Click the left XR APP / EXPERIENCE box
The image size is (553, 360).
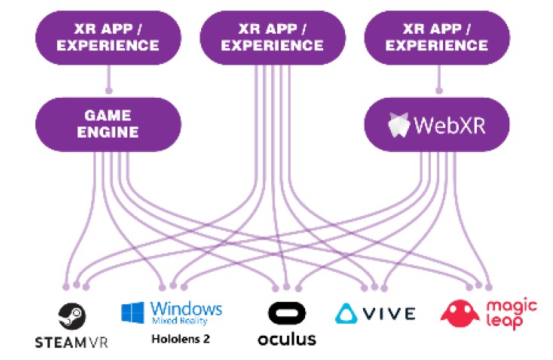point(109,38)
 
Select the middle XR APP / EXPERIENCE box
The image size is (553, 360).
point(273,38)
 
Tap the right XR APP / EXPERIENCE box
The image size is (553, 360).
point(437,38)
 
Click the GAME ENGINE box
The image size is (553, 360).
point(109,124)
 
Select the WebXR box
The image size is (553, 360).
point(437,124)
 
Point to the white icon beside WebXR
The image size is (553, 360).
point(399,124)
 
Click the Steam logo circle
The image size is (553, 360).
point(72,315)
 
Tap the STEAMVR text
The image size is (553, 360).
point(72,342)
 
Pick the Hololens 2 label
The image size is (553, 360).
point(180,338)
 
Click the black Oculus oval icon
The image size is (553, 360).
point(286,314)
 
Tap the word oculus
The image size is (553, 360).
point(286,338)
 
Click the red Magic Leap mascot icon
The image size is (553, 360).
point(460,313)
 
